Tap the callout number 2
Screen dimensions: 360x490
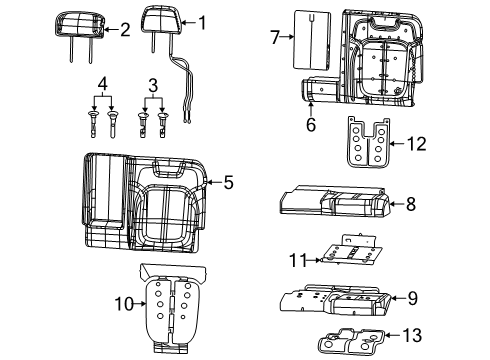125,30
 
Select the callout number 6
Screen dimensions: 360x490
310,124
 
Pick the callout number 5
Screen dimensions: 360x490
228,182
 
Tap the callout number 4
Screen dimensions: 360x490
100,82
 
